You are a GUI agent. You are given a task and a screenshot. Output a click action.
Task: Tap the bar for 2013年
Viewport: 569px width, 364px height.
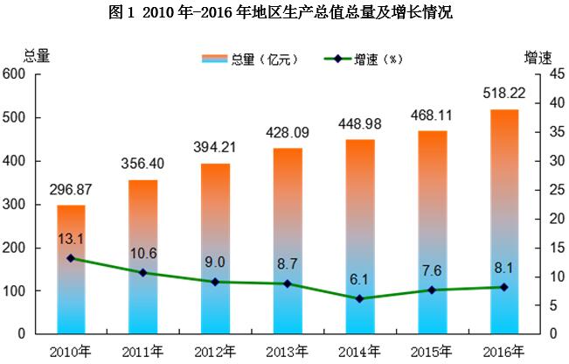(287, 241)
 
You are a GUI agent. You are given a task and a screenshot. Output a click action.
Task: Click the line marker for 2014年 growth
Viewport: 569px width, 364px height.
(359, 298)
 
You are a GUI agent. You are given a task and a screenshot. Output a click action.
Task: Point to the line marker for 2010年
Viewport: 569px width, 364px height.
(71, 258)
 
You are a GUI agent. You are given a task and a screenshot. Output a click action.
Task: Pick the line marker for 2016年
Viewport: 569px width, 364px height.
(504, 287)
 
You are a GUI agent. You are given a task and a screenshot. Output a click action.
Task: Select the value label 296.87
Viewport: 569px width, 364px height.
(71, 190)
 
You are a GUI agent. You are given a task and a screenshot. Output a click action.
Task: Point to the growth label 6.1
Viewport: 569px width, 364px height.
(359, 277)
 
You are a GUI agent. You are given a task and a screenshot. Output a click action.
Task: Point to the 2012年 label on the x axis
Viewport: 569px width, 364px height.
(215, 352)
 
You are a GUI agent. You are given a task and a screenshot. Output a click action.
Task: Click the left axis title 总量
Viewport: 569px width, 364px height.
(24, 57)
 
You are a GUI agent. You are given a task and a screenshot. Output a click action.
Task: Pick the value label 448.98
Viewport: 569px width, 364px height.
(359, 123)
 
